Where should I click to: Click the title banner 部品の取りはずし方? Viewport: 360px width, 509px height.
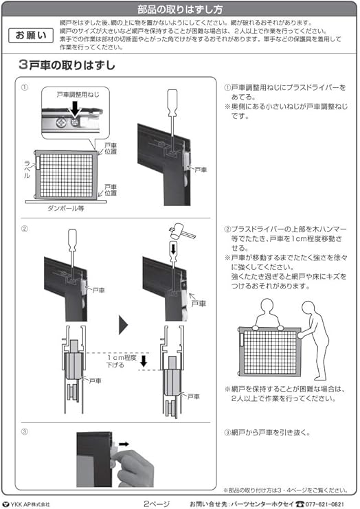(180, 10)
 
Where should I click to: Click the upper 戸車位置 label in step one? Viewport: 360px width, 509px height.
(109, 148)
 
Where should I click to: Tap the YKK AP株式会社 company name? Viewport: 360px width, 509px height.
(29, 504)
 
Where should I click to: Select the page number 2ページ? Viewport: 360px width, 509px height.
(155, 504)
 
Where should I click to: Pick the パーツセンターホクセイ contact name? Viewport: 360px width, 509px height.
(261, 504)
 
